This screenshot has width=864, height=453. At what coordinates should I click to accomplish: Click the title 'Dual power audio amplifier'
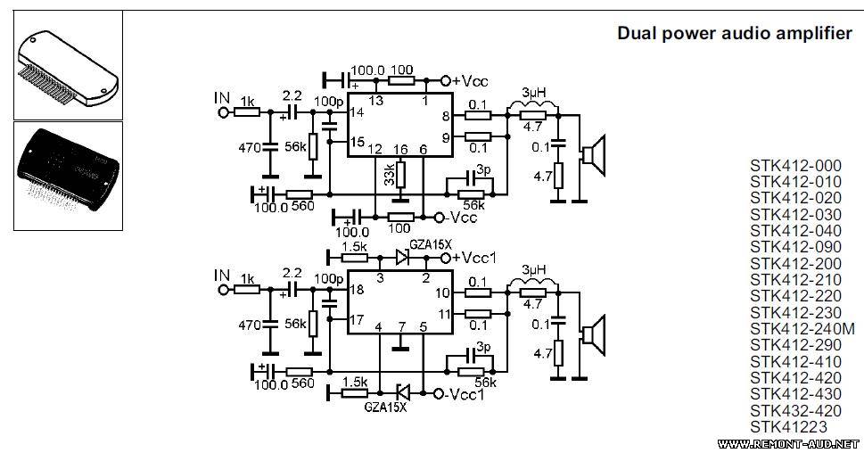(735, 34)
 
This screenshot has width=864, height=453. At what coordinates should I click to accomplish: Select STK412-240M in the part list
(802, 329)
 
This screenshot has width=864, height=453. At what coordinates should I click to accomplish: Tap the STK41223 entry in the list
(788, 427)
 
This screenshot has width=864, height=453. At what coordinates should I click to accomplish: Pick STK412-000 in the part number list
(795, 166)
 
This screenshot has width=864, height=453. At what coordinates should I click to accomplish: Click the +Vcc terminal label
(470, 81)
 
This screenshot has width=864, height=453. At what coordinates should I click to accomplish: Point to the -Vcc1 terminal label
(465, 394)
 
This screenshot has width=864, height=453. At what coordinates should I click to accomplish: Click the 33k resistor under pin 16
(401, 174)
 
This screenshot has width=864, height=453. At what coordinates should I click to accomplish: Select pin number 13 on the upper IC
(375, 101)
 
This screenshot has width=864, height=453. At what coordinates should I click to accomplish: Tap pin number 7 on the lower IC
(402, 327)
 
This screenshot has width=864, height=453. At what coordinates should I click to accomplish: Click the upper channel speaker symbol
(594, 155)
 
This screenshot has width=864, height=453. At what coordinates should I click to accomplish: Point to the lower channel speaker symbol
(594, 335)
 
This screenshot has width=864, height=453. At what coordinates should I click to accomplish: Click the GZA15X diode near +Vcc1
(402, 258)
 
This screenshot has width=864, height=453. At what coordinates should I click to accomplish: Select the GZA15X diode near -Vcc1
(403, 393)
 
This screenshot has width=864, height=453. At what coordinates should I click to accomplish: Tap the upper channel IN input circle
(223, 112)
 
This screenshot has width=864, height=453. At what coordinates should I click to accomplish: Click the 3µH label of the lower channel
(533, 270)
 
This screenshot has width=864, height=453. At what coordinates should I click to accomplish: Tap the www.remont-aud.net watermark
(788, 443)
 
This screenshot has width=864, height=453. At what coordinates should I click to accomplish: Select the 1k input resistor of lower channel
(246, 290)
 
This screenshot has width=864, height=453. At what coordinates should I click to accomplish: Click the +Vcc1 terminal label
(473, 258)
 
